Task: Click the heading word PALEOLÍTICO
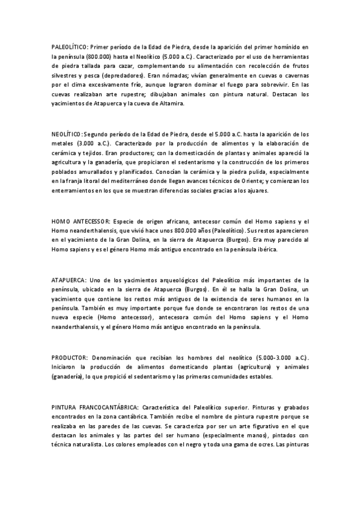[x=70, y=46]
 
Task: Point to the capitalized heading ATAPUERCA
[x=69, y=280]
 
